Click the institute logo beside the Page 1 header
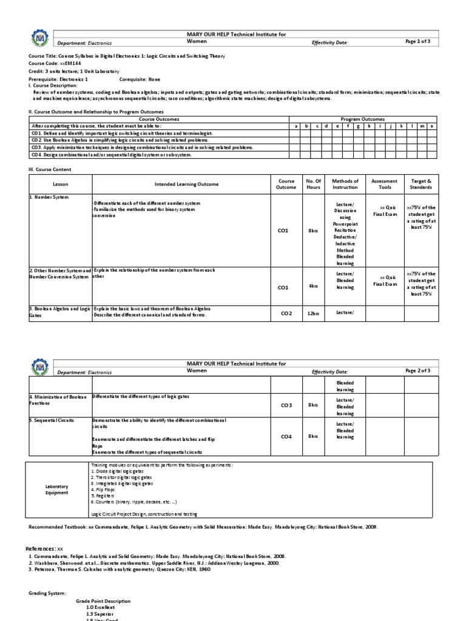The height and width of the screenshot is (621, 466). click(38, 38)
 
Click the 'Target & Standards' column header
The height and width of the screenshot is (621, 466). click(420, 184)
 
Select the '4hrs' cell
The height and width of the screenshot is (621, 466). click(313, 286)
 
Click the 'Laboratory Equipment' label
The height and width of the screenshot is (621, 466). click(57, 490)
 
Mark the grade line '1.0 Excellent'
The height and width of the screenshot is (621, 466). click(100, 606)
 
